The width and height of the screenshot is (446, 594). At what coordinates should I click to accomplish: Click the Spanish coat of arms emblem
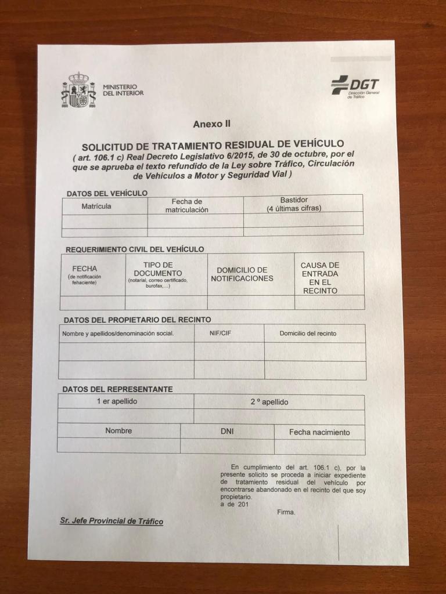[x=78, y=90]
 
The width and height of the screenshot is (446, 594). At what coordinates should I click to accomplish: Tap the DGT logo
[x=355, y=87]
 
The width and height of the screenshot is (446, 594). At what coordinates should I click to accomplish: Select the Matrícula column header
[x=96, y=206]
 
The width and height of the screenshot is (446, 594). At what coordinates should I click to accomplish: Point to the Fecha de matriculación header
[x=186, y=205]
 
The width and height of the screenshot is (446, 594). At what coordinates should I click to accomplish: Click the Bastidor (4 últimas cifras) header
[x=294, y=204]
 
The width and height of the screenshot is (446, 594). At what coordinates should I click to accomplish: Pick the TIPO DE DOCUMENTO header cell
[x=158, y=274]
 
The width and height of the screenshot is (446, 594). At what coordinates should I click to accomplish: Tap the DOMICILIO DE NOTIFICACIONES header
[x=242, y=274]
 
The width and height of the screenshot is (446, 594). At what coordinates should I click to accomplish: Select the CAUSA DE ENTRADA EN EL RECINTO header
[x=319, y=278]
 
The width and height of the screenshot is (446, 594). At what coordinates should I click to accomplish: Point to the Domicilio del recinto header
[x=308, y=334]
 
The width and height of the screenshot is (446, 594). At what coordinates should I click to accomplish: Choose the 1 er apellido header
[x=117, y=401]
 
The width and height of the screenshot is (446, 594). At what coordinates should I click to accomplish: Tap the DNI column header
[x=227, y=432]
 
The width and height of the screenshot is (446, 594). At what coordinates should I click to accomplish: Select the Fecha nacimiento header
[x=319, y=432]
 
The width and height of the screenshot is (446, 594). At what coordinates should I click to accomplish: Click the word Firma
[x=286, y=512]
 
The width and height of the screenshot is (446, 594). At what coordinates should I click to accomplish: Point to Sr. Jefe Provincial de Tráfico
[x=111, y=521]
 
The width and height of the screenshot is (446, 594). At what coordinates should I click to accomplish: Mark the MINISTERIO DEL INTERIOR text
[x=123, y=89]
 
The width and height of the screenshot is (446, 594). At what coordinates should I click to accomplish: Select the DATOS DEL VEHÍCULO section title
[x=107, y=193]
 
